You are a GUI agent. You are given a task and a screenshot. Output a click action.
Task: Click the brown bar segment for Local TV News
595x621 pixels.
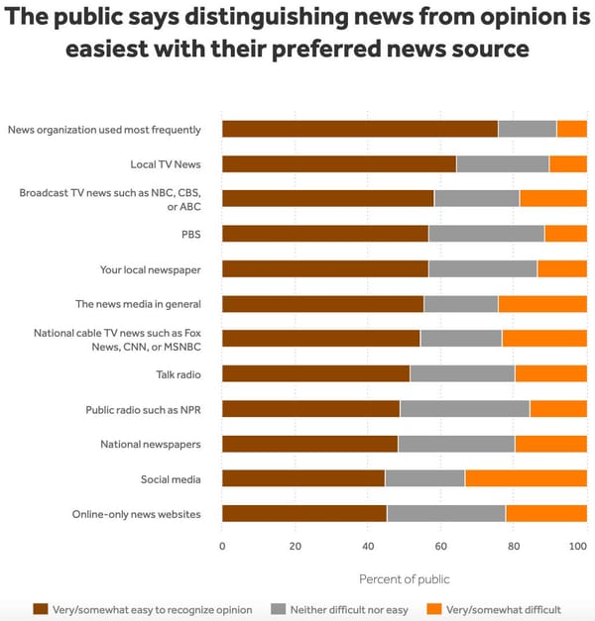click(338, 164)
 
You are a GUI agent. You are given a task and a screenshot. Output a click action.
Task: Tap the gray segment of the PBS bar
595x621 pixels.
click(486, 234)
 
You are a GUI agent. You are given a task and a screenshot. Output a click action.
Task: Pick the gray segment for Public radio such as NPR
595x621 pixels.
click(464, 409)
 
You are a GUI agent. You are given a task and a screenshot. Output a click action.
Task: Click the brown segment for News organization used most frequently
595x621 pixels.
click(359, 129)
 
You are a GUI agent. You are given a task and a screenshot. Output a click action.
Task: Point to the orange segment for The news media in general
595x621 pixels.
click(541, 304)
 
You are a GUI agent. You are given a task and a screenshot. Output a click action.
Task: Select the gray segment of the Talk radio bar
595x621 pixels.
click(462, 374)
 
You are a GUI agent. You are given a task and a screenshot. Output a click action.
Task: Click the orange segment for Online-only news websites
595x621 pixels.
click(545, 514)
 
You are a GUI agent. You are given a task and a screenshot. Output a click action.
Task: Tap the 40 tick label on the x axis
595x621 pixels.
click(368, 546)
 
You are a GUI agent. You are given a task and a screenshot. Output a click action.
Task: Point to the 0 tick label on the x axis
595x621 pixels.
click(222, 546)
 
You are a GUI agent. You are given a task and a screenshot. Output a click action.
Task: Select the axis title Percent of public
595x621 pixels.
click(404, 578)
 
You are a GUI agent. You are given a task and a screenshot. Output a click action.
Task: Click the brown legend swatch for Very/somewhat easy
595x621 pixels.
click(41, 609)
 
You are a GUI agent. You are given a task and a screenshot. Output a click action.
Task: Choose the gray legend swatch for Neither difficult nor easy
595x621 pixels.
click(278, 609)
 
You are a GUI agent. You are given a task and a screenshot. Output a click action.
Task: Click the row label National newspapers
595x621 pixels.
click(150, 445)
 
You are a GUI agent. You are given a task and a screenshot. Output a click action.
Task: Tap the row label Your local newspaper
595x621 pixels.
click(150, 269)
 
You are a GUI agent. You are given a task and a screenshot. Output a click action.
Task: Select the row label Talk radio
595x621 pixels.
click(178, 374)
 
